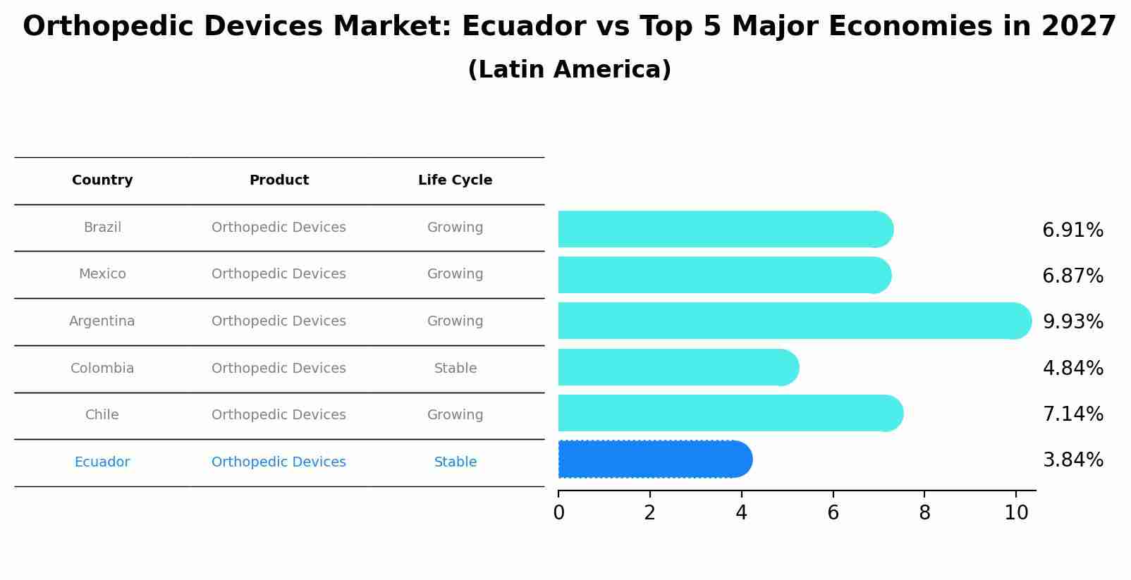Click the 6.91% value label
click(x=1072, y=230)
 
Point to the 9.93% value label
click(x=1072, y=322)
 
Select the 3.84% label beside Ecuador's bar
click(x=1072, y=460)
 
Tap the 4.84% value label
click(x=1072, y=368)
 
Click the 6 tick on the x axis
click(x=833, y=513)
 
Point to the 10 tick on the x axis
click(x=1016, y=513)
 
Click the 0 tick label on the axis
click(x=558, y=513)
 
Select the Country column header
click(x=102, y=180)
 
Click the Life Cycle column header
click(x=455, y=180)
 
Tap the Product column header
click(x=279, y=180)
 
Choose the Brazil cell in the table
click(x=102, y=228)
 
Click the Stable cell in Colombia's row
click(x=455, y=369)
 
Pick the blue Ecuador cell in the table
click(x=102, y=462)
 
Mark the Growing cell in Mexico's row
click(x=455, y=274)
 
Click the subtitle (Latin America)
click(x=569, y=70)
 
